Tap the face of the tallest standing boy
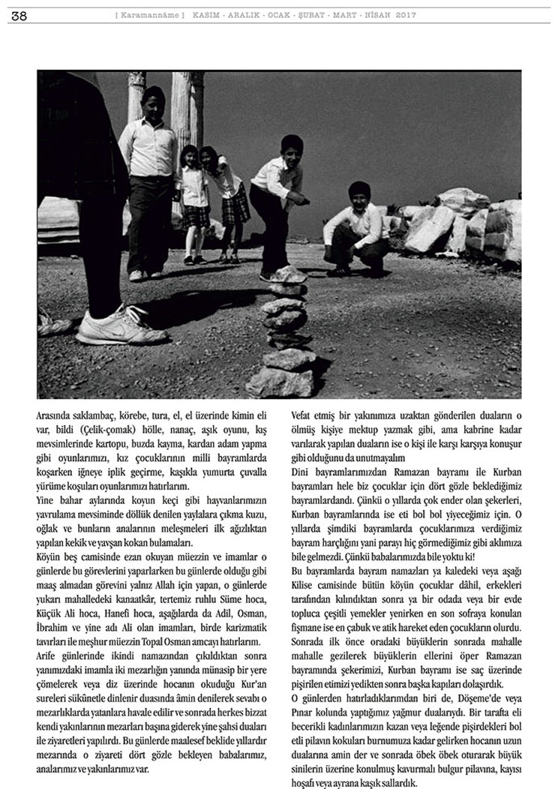pyautogui.click(x=152, y=103)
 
